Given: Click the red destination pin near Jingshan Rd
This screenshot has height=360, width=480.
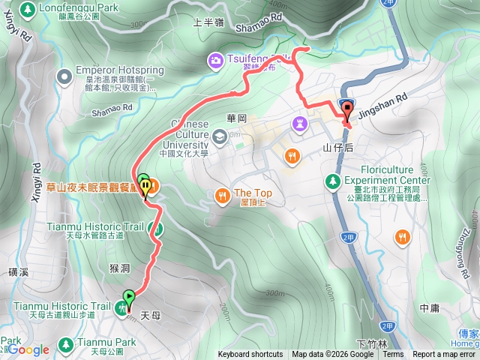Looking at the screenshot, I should coord(346,109).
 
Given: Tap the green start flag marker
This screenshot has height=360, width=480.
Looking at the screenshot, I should coord(128,297).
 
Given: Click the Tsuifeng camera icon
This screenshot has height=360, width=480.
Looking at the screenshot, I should coord(215,59).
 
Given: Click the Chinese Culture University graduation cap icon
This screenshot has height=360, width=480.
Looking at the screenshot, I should coord(219,136).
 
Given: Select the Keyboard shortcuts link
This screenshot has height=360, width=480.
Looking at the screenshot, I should coord(250,355).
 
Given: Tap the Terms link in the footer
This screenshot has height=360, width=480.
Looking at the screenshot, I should coord(392,355).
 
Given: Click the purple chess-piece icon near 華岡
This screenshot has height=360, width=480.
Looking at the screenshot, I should coord(301,122).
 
